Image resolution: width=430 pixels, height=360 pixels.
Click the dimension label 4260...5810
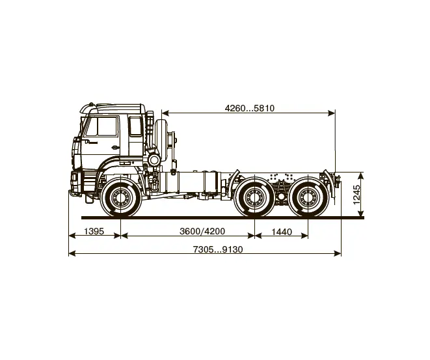tap(250, 108)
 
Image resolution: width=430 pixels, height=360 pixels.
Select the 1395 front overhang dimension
tap(94, 231)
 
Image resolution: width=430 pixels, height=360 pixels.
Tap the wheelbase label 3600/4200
tap(202, 231)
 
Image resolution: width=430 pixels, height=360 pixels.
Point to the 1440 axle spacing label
tap(282, 232)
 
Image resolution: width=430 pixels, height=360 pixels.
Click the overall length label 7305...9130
tap(218, 249)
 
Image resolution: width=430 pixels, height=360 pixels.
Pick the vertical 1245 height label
tap(356, 195)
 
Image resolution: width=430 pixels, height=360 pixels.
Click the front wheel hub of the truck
tap(120, 197)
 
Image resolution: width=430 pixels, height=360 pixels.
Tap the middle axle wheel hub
tap(254, 197)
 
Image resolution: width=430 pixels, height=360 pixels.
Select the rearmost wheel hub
tap(308, 197)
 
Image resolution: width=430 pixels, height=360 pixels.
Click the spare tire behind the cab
tap(159, 139)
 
